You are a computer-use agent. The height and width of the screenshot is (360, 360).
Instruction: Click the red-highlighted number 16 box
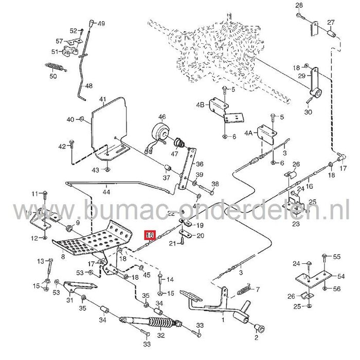coord(150,236)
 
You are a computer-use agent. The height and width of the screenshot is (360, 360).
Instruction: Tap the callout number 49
coord(101,24)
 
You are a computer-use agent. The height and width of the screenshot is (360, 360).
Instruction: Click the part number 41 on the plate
coord(102,99)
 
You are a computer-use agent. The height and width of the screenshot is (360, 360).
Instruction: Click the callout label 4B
coord(201,105)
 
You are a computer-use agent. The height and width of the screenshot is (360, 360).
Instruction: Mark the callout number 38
coord(215,184)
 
